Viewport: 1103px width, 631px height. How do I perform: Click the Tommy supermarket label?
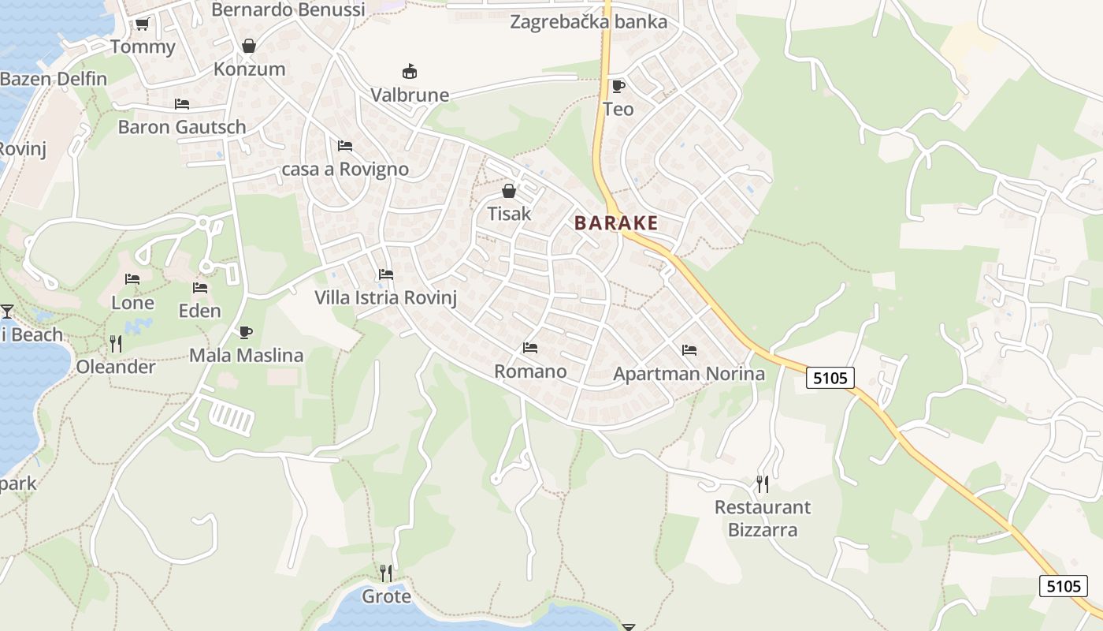pos(143,47)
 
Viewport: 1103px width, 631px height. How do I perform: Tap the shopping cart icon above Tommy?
pos(142,24)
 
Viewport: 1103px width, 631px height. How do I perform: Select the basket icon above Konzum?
pos(249,46)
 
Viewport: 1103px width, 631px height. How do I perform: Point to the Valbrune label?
pos(410,95)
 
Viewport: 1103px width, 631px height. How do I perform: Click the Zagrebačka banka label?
pos(589,21)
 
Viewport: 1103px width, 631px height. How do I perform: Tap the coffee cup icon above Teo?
pos(618,86)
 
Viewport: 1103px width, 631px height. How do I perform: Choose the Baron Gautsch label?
pos(182,127)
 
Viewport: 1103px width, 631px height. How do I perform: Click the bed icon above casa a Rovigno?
pos(344,146)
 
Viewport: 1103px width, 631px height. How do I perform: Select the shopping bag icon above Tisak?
pos(509,191)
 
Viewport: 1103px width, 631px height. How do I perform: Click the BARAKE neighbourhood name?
pos(616,223)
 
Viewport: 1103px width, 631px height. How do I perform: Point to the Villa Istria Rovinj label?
pos(385,298)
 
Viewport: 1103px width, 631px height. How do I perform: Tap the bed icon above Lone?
pos(132,279)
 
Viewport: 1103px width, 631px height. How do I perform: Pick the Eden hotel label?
pos(200,311)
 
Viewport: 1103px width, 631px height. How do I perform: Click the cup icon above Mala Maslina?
pos(246,333)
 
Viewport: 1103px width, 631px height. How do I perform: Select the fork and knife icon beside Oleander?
pos(116,344)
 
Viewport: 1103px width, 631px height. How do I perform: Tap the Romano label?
pos(530,372)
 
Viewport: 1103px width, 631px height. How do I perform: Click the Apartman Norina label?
pos(689,374)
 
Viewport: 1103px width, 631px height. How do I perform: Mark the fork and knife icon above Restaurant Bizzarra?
pos(762,484)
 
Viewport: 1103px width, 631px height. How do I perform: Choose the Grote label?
pos(386,596)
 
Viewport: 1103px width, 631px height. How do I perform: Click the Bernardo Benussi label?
pos(288,10)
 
